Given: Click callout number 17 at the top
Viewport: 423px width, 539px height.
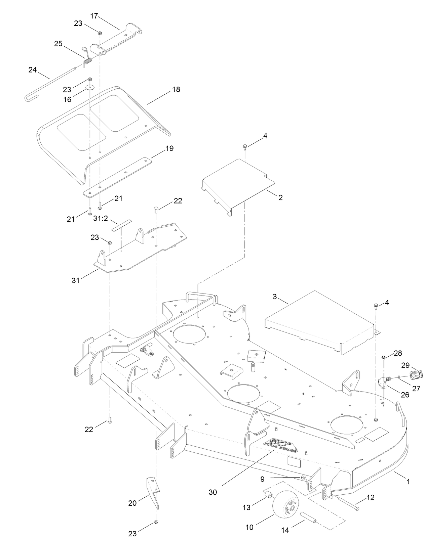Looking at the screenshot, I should (x=94, y=15).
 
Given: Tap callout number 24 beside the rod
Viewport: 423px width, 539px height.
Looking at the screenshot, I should (x=32, y=70).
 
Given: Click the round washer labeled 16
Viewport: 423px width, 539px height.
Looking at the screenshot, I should (x=90, y=88).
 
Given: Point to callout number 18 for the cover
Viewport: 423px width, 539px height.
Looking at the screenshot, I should (x=176, y=89).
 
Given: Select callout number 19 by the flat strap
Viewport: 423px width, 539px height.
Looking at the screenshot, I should (x=170, y=148).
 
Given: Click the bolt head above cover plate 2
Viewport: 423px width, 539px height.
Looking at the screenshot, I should (x=244, y=146).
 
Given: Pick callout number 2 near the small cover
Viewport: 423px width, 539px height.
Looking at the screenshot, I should (x=280, y=197).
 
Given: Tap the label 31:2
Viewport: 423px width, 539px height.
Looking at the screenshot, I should (x=101, y=218).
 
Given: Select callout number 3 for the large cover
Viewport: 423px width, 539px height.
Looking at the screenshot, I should (x=275, y=297).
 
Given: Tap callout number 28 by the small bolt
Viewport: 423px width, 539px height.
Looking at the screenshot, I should (x=398, y=353).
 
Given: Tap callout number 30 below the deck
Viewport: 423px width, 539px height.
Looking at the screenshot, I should (x=213, y=492).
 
